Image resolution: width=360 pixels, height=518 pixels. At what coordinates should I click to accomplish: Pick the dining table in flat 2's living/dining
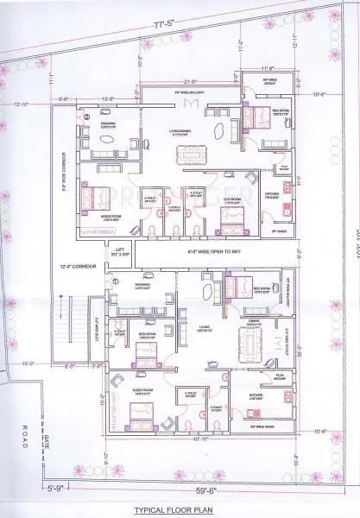coord(192,155)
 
